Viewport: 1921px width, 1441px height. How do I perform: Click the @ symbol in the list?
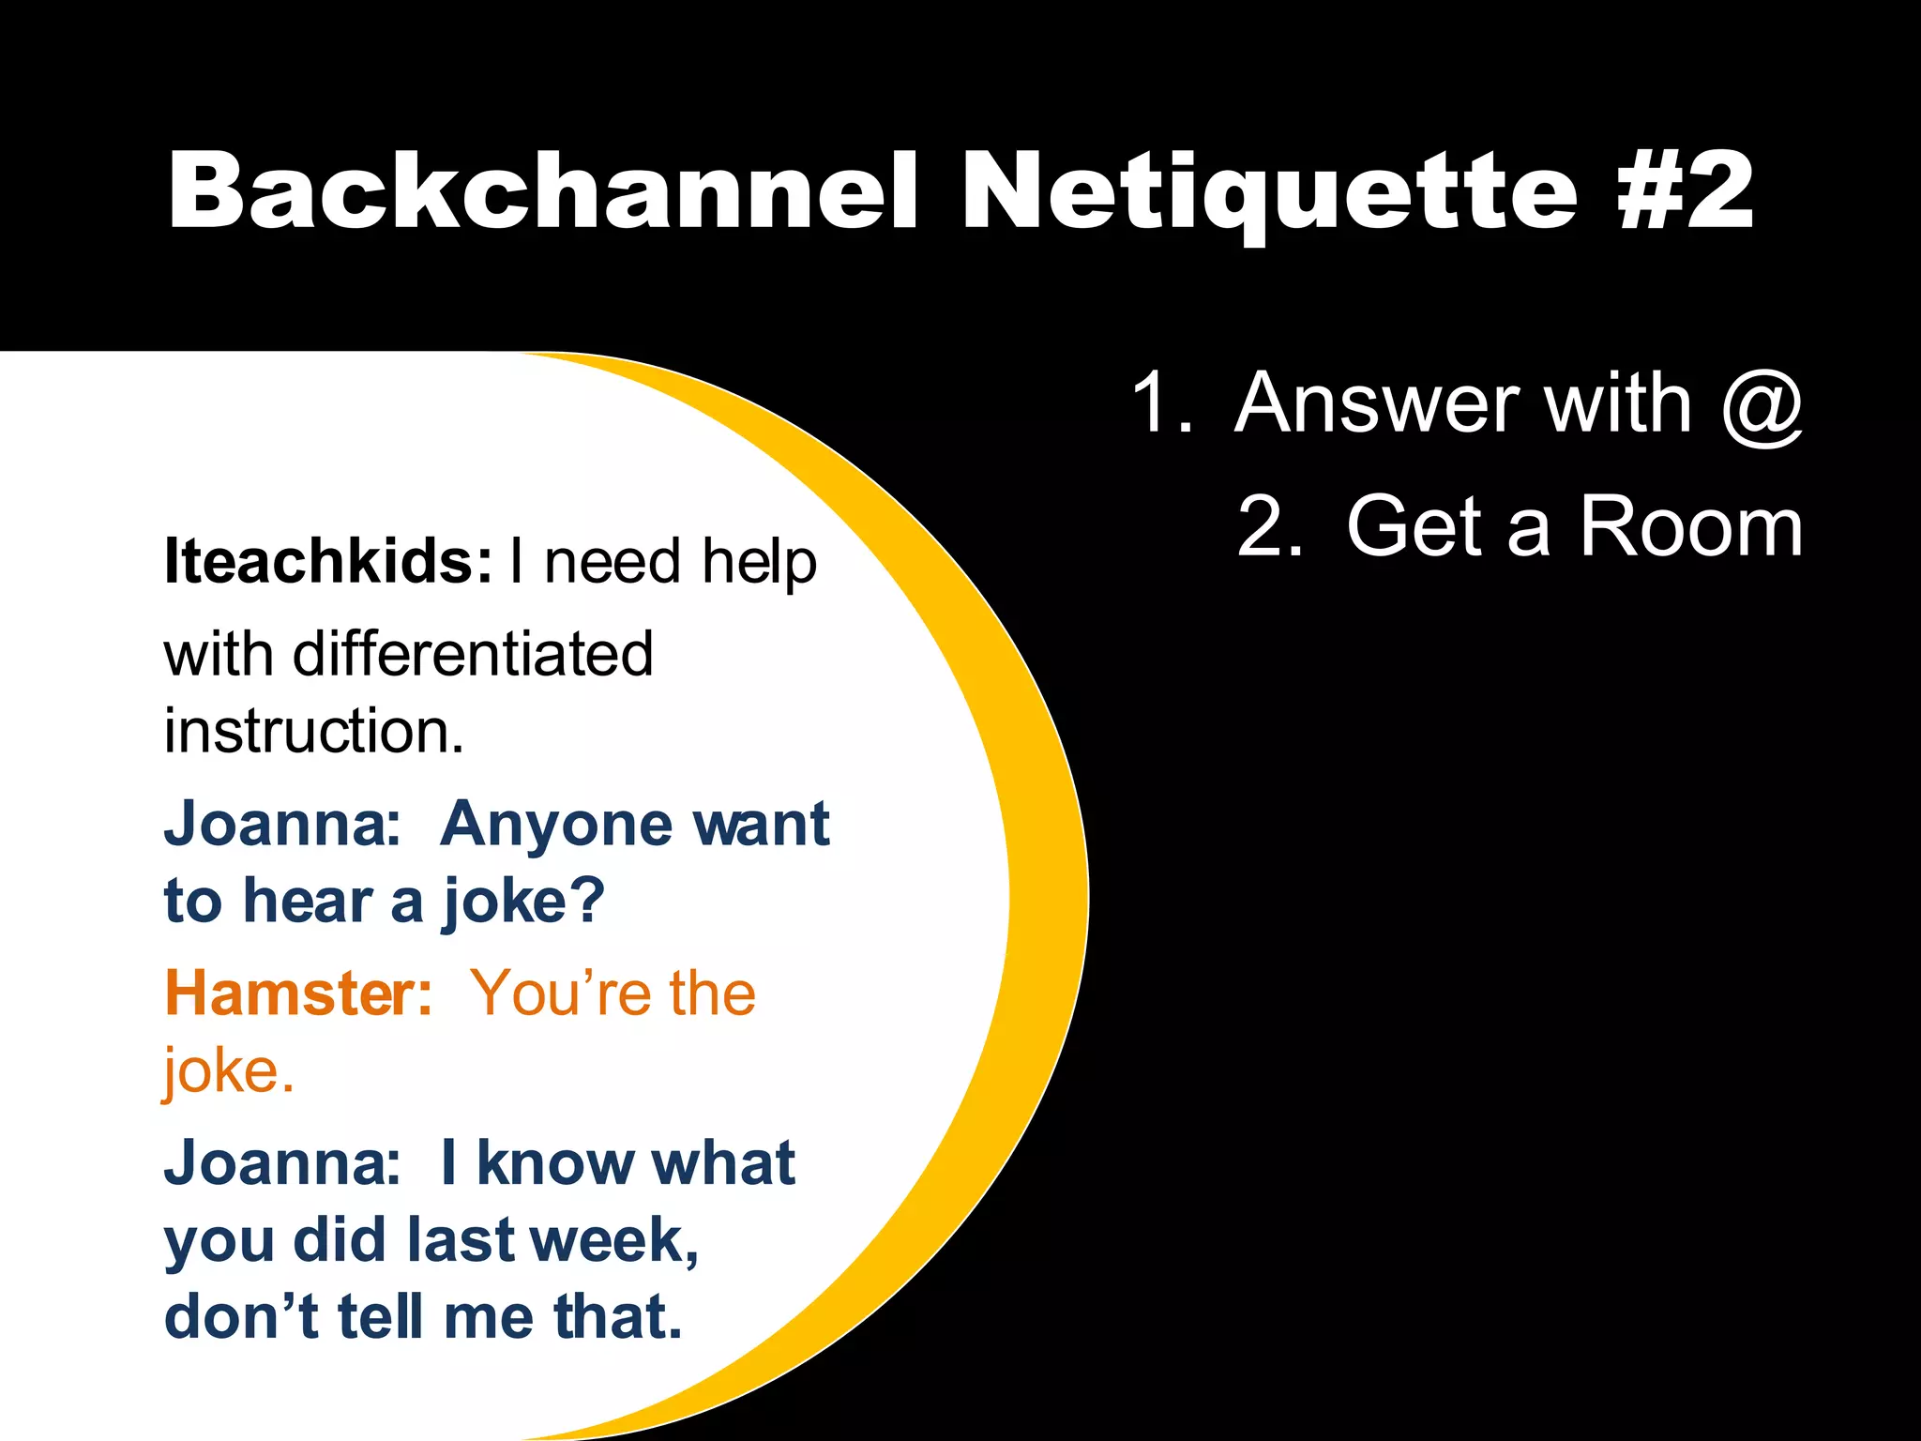pos(1762,405)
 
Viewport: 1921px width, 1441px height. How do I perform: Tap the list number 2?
pos(1268,527)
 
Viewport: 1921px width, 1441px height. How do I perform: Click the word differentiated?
pos(473,654)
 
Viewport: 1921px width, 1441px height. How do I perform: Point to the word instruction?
pos(313,731)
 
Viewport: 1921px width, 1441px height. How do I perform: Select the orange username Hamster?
pos(298,994)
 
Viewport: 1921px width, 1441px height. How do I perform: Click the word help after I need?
pos(759,563)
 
